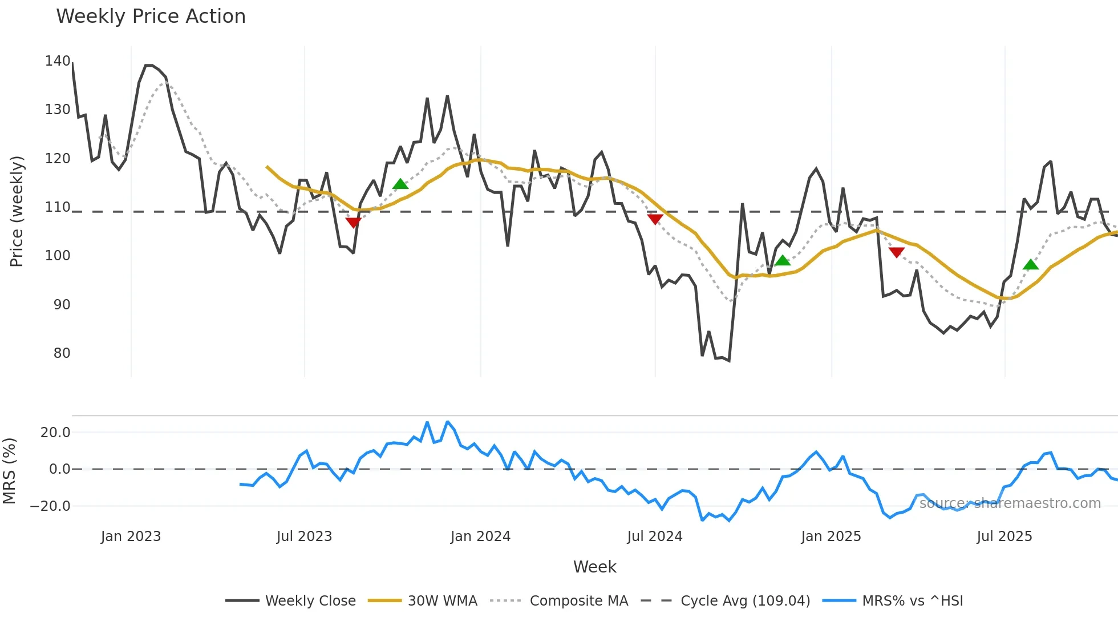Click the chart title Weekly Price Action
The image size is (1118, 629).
(x=151, y=17)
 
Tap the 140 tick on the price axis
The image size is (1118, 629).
(x=58, y=61)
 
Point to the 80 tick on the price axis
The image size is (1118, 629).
(x=62, y=353)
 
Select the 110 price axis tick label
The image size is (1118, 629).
(x=58, y=207)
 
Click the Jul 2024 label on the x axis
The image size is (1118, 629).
(x=654, y=537)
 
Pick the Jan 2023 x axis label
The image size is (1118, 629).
(x=131, y=537)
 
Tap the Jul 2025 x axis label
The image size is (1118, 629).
(x=1004, y=537)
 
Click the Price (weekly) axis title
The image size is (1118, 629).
(x=17, y=211)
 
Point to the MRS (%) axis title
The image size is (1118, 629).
(x=9, y=471)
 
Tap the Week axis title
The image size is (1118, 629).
(x=594, y=567)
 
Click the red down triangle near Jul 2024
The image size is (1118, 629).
(x=655, y=219)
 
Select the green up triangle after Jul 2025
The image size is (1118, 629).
(x=1031, y=264)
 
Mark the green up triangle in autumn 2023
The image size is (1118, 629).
(x=400, y=184)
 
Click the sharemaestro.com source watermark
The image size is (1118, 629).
(x=1010, y=503)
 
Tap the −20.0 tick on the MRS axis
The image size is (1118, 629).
(x=50, y=506)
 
